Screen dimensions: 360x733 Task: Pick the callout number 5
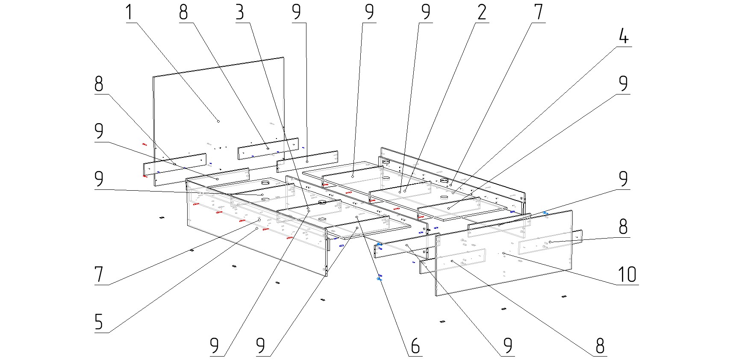(x=99, y=322)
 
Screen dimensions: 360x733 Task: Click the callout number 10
(x=627, y=274)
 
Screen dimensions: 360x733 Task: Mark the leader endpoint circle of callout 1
(x=218, y=121)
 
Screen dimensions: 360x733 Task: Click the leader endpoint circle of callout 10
(x=504, y=253)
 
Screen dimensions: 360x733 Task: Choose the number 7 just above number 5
(x=99, y=274)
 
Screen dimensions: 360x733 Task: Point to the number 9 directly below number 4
(x=624, y=83)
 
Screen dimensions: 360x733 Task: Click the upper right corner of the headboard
(x=284, y=57)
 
